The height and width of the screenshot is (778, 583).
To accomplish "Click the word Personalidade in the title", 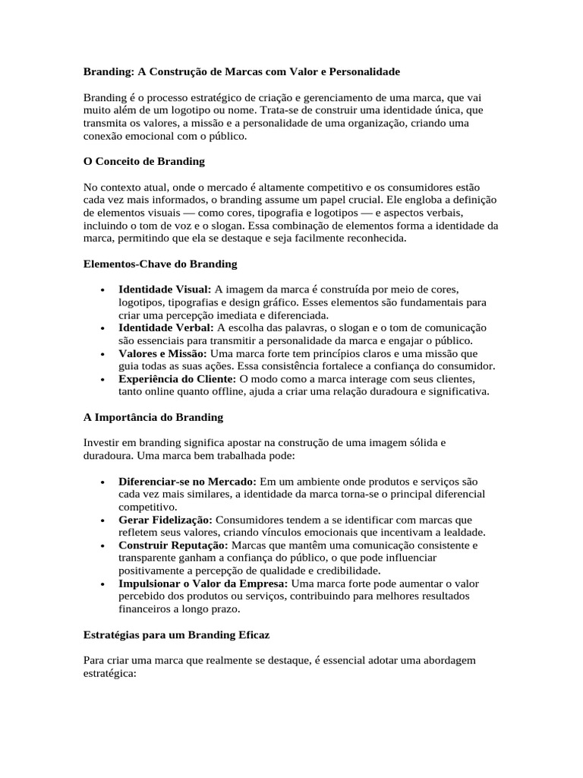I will (363, 71).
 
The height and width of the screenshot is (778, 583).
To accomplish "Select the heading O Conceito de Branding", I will (143, 161).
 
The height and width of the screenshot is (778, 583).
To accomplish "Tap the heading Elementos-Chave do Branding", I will (160, 264).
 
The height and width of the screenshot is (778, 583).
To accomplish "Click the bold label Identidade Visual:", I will (165, 289).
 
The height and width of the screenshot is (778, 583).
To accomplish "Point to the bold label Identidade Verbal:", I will (166, 327).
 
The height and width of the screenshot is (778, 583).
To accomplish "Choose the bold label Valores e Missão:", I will (162, 353).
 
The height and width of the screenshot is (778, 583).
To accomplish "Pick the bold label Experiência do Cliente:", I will (178, 379).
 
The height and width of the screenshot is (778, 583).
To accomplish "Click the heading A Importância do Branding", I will (153, 417).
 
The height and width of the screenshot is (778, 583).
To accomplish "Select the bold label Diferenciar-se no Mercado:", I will (188, 482).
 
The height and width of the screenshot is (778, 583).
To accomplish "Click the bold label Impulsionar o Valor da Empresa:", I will (203, 583).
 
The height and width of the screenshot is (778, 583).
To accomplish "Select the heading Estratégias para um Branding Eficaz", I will (177, 634).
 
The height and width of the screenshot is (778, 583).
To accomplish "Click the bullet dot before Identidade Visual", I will (102, 290).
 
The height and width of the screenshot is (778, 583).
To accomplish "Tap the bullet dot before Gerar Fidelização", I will (102, 520).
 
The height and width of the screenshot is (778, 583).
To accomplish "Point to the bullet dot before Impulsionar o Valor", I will (102, 584).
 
